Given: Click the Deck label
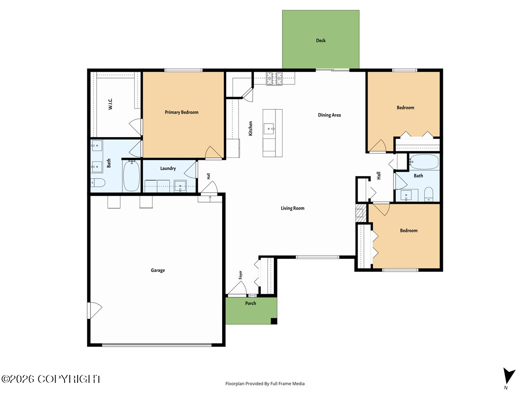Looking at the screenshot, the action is pyautogui.click(x=321, y=41).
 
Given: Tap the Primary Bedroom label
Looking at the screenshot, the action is pyautogui.click(x=182, y=112).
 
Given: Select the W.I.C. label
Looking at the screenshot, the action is pyautogui.click(x=110, y=104).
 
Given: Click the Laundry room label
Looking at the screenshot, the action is pyautogui.click(x=168, y=168).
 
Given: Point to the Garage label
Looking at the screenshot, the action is pyautogui.click(x=158, y=270).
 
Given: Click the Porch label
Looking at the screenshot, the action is pyautogui.click(x=250, y=303).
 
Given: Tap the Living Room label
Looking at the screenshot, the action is pyautogui.click(x=292, y=208).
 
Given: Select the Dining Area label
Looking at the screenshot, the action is pyautogui.click(x=329, y=115).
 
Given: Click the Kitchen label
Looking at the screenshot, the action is pyautogui.click(x=250, y=128).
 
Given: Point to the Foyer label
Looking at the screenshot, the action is pyautogui.click(x=240, y=275).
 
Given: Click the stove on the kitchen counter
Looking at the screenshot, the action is pyautogui.click(x=274, y=79).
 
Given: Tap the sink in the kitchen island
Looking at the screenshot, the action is pyautogui.click(x=269, y=129).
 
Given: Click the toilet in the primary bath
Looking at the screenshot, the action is pyautogui.click(x=98, y=183).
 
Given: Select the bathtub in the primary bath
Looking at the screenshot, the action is pyautogui.click(x=131, y=176).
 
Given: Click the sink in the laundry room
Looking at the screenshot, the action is pyautogui.click(x=180, y=186).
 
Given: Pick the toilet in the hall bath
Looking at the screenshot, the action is pyautogui.click(x=428, y=194).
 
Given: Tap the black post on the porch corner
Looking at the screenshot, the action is pyautogui.click(x=274, y=321).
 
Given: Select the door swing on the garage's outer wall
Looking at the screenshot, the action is pyautogui.click(x=95, y=311).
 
